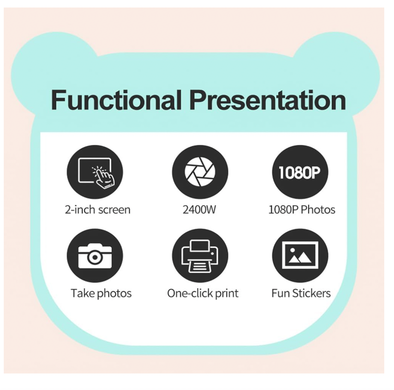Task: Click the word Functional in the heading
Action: [x=116, y=100]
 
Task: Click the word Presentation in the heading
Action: [x=268, y=100]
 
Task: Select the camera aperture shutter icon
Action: [x=200, y=172]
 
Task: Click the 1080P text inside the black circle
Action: [x=300, y=172]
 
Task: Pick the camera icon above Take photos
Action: [x=95, y=255]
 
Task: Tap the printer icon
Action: [x=200, y=255]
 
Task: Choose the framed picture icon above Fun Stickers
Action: [x=300, y=255]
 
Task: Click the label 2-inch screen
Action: [x=98, y=210]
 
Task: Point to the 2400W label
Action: [x=199, y=210]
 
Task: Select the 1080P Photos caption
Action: [x=302, y=210]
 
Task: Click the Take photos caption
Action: [x=101, y=293]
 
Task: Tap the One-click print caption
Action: [x=203, y=293]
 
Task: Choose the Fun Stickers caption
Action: [x=301, y=293]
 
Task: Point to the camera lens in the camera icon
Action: [x=95, y=257]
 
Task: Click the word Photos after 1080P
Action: [x=318, y=210]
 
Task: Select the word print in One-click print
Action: [x=227, y=294]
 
